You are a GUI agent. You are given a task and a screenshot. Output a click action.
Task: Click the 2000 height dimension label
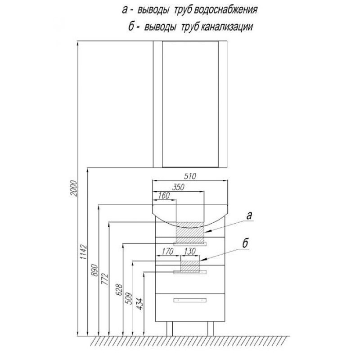coord(74,188)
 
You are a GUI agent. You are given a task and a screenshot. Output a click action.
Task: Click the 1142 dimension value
coord(84,252)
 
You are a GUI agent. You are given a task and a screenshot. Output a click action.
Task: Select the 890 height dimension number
coord(94,270)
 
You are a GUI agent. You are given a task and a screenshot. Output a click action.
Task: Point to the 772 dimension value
coord(105,279)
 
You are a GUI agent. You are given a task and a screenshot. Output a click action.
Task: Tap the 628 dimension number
coord(119,290)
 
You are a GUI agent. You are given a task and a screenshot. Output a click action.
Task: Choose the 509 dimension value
coord(129,298)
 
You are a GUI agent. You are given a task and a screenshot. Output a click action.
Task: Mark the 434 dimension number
coord(139,303)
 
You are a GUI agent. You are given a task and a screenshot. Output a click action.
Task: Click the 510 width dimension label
coord(190,176)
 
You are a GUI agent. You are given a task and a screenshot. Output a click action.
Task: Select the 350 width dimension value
coord(178,187)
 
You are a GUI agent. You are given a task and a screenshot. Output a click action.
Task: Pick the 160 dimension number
coord(164,196)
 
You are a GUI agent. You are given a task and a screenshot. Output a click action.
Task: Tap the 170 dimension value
coord(167,252)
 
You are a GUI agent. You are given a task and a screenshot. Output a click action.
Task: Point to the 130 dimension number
coord(189,252)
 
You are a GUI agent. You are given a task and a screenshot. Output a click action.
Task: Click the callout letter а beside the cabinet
coord(249,216)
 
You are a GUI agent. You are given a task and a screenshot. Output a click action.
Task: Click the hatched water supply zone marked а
coord(190,232)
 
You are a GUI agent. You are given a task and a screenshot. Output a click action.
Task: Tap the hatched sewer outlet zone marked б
coord(190,266)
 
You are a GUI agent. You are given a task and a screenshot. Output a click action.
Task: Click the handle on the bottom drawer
coord(190,300)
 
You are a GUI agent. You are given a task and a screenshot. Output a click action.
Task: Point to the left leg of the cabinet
coord(170,328)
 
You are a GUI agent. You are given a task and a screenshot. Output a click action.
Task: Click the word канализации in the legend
coord(227,27)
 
